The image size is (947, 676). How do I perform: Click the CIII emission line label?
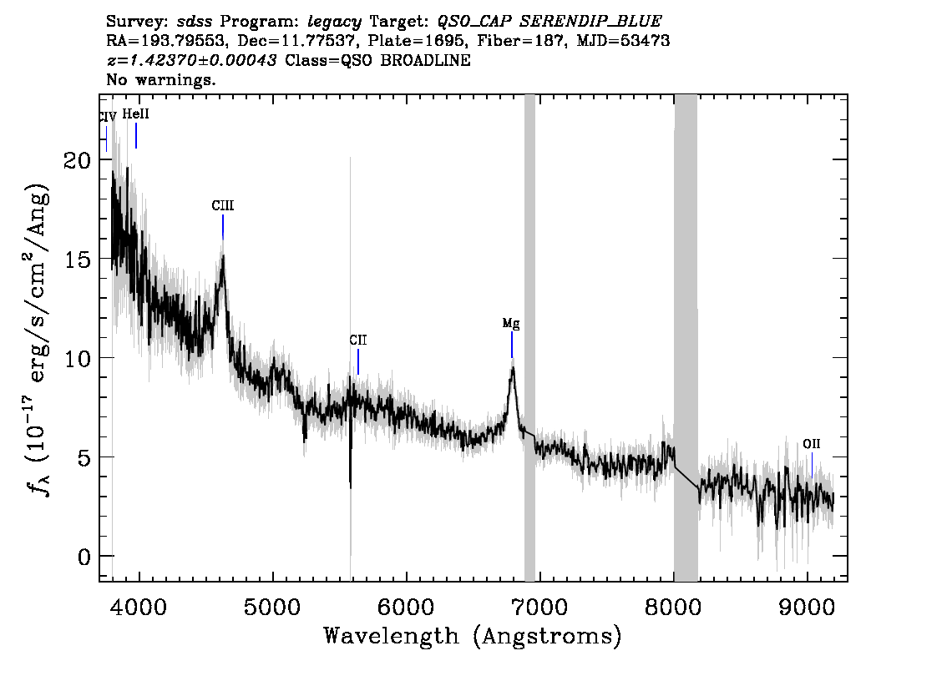[222, 206]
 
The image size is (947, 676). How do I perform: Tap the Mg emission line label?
[511, 324]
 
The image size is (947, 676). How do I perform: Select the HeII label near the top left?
[135, 114]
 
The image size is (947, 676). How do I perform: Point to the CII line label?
[358, 341]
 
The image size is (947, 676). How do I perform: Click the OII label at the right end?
[812, 444]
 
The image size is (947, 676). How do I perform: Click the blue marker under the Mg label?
[512, 345]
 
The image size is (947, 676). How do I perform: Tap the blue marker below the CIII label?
[223, 227]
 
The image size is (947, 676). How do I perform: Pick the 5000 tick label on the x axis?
[274, 606]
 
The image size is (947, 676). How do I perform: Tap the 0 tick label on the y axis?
[84, 557]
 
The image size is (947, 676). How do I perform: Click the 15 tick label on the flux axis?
[78, 259]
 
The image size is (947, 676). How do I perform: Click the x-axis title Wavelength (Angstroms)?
[473, 636]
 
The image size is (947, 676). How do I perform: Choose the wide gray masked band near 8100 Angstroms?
[686, 338]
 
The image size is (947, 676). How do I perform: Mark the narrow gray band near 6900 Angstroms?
[529, 338]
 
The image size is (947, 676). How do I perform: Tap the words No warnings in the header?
[160, 79]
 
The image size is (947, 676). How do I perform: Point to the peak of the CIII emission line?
[224, 256]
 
